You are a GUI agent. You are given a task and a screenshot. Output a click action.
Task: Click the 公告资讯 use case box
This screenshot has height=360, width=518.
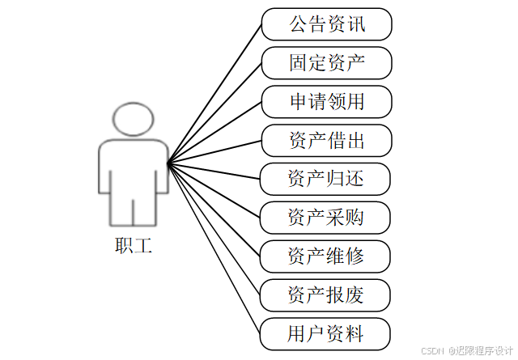pos(326,24)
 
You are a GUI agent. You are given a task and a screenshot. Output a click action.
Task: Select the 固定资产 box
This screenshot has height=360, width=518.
pos(326,62)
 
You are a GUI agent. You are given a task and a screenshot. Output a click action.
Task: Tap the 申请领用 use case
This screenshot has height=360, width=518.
pos(326,102)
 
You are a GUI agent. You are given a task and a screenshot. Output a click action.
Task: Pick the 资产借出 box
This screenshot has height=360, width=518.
pos(326,141)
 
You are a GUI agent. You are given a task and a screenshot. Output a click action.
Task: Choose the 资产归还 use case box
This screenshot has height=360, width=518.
pos(326,179)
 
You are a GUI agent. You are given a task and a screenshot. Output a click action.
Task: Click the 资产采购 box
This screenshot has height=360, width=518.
pos(326,217)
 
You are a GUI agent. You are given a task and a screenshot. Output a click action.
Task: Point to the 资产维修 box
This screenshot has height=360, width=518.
pos(326,256)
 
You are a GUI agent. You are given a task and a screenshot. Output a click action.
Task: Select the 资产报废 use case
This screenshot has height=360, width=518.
pos(326,294)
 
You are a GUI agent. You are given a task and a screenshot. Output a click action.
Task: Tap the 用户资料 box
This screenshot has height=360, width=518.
pos(326,333)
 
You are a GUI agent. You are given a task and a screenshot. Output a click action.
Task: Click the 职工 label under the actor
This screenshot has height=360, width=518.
pos(134,244)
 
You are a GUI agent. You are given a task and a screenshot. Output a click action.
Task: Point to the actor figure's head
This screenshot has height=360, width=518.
pos(134,120)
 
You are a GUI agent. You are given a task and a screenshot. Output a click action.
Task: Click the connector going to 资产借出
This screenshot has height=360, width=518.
pos(214,152)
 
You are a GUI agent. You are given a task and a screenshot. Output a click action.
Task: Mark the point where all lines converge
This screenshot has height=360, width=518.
pos(168,164)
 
